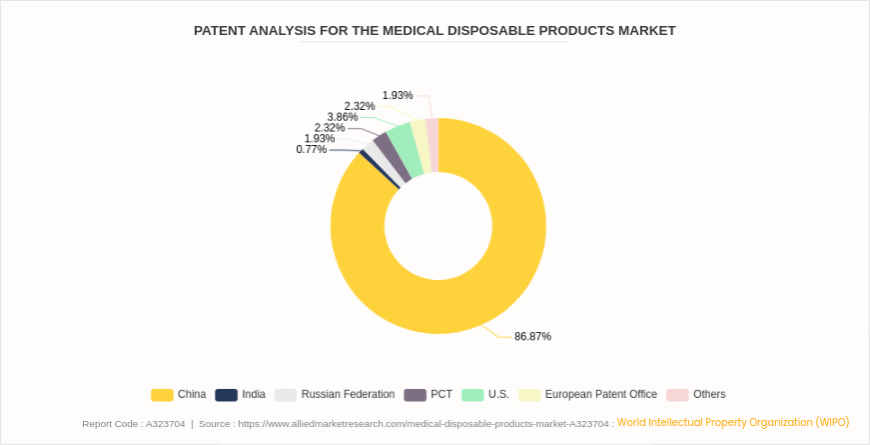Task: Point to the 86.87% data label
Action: pyautogui.click(x=532, y=337)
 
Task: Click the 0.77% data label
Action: pyautogui.click(x=311, y=150)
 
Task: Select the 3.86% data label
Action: pyautogui.click(x=342, y=117)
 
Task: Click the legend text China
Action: pyautogui.click(x=192, y=395)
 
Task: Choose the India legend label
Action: pyautogui.click(x=254, y=395)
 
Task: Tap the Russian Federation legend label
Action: pyautogui.click(x=348, y=395)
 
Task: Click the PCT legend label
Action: pyautogui.click(x=441, y=395)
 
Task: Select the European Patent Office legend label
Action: pyautogui.click(x=601, y=395)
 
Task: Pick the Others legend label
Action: pyautogui.click(x=709, y=395)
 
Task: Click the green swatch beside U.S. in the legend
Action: pyautogui.click(x=472, y=395)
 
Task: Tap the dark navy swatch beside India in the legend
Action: pyautogui.click(x=226, y=395)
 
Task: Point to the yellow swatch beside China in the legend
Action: pyautogui.click(x=162, y=395)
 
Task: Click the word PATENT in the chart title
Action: pyautogui.click(x=219, y=31)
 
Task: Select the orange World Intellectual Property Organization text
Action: pyautogui.click(x=732, y=422)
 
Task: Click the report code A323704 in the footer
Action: pyautogui.click(x=165, y=424)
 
